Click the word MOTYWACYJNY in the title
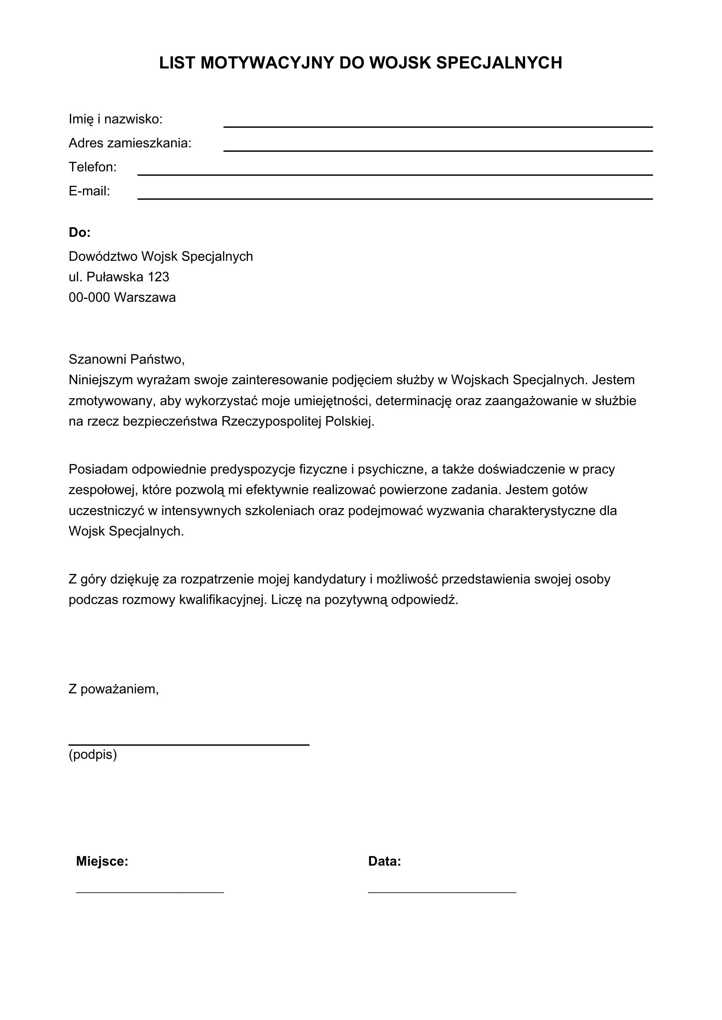click(x=267, y=63)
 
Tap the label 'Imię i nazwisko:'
click(x=116, y=119)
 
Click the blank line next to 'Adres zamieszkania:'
click(x=437, y=150)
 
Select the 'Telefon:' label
click(x=93, y=167)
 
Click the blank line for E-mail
click(x=395, y=198)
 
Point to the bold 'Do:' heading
click(x=79, y=232)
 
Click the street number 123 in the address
click(x=158, y=277)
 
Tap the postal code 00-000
click(x=89, y=298)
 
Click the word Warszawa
click(x=144, y=298)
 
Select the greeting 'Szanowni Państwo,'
click(x=126, y=359)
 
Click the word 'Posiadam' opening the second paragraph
click(x=98, y=470)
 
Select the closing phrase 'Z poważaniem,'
click(x=113, y=689)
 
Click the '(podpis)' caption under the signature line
click(x=93, y=755)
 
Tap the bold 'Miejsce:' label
click(x=102, y=861)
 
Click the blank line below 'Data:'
click(x=442, y=892)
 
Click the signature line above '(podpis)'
click(x=189, y=744)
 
